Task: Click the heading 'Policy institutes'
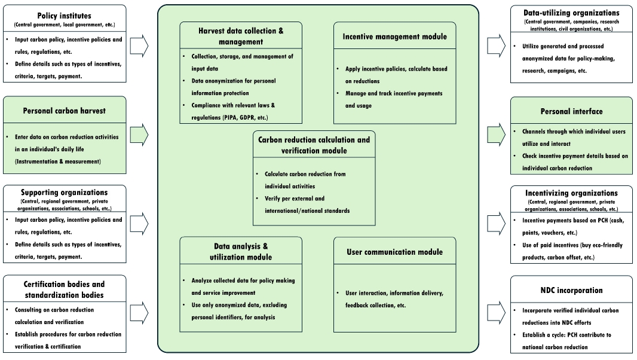64,16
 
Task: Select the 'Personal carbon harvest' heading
64,111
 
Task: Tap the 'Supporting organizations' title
64,193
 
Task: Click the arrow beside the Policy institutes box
139,45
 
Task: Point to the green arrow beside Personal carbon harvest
139,135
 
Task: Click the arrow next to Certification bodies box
139,313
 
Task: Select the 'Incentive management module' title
394,36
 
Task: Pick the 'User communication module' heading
394,252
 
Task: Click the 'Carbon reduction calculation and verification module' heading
314,145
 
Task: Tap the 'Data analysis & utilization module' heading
241,251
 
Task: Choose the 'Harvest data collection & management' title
241,36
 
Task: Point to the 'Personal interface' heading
571,111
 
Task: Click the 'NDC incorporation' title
571,291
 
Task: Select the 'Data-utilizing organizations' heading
571,13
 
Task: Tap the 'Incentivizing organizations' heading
571,193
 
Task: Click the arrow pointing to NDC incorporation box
496,313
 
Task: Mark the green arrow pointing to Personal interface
496,135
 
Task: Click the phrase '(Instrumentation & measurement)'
58,161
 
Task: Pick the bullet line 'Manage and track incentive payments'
394,93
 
